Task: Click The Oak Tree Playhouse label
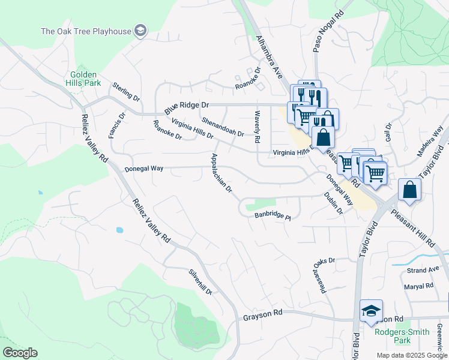tap(85, 31)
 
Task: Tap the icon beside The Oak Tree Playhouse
tap(140, 31)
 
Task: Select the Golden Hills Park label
tap(82, 79)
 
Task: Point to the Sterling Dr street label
tap(125, 93)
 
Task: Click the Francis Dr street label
tap(116, 125)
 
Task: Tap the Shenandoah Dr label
tap(223, 127)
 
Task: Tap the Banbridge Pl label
tap(273, 216)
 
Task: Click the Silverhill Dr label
tap(200, 281)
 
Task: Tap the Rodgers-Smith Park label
tap(402, 336)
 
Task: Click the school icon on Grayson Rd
tap(371, 311)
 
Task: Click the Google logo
tap(20, 353)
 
